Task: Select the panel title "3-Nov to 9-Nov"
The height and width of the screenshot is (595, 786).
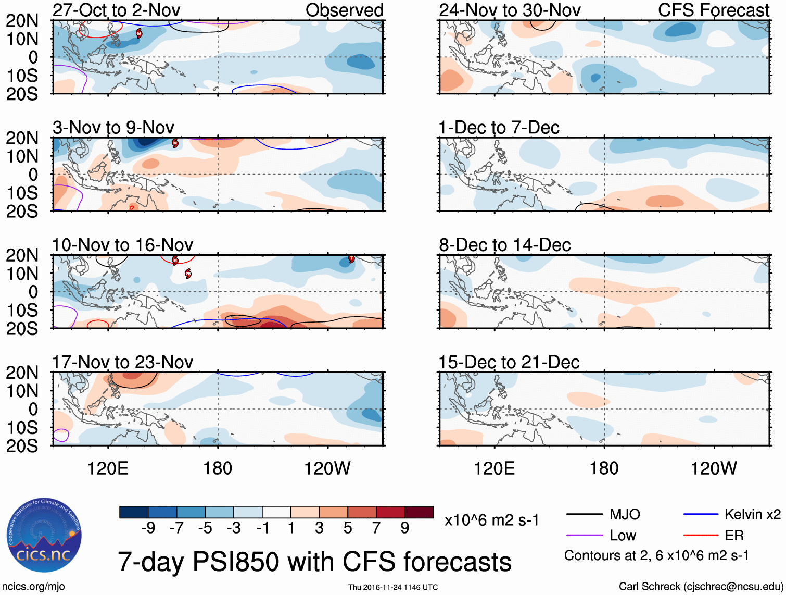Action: (113, 127)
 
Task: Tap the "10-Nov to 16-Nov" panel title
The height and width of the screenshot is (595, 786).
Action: (122, 244)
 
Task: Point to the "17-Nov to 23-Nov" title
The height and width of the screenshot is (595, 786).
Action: (122, 362)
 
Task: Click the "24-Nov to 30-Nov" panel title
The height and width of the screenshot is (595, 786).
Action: (510, 10)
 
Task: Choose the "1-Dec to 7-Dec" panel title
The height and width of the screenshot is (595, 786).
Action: (499, 127)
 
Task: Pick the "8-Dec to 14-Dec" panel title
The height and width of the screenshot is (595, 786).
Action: (504, 244)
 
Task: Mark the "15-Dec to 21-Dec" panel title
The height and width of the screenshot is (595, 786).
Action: (509, 362)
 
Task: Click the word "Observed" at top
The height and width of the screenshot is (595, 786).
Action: (344, 10)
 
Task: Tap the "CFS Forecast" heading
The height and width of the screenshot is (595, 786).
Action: (713, 10)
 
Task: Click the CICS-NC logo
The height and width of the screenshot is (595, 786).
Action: (44, 536)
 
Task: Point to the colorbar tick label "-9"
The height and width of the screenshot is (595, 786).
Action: (148, 528)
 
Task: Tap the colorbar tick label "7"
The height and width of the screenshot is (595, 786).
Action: (376, 528)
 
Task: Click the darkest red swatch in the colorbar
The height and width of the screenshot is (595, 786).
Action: (419, 512)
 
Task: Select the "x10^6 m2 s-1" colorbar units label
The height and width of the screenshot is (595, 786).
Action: (491, 520)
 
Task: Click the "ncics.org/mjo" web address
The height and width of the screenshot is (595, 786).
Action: (33, 586)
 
